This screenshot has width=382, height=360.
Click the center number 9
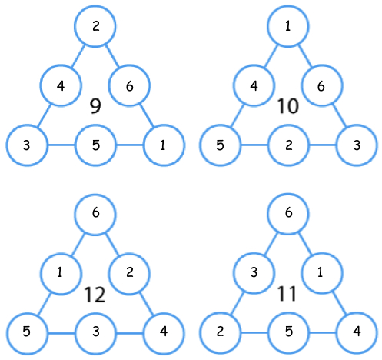click(x=95, y=106)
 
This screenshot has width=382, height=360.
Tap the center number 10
click(x=288, y=106)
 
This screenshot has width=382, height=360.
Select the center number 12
click(x=95, y=295)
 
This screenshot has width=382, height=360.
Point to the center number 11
click(x=287, y=294)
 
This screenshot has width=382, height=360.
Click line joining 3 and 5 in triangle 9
click(x=61, y=145)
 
